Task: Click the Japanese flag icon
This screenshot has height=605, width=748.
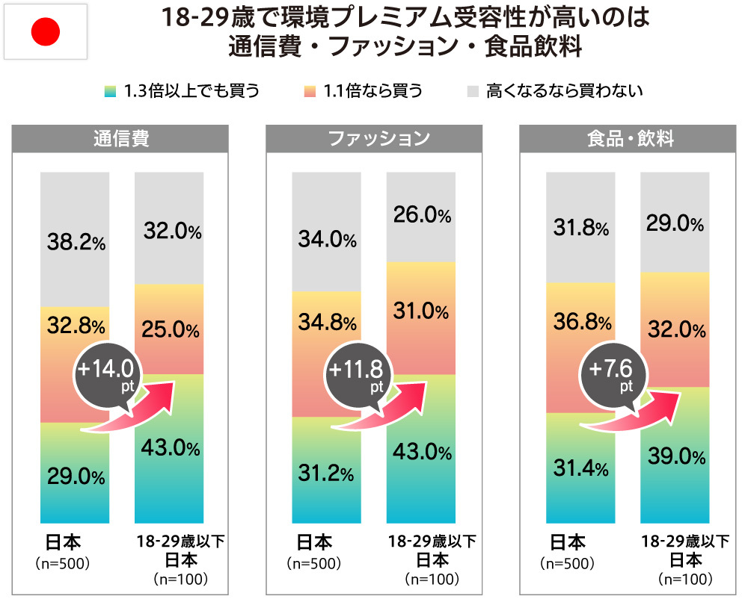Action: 46,31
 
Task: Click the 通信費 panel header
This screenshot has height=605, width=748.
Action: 120,139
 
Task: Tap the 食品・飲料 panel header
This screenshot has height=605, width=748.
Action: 626,139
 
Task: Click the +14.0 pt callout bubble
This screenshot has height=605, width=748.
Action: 108,372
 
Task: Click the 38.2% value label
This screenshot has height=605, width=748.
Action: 75,242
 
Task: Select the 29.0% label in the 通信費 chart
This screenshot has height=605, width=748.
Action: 75,476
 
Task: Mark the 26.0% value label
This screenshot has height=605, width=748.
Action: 421,216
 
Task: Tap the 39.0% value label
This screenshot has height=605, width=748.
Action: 673,456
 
